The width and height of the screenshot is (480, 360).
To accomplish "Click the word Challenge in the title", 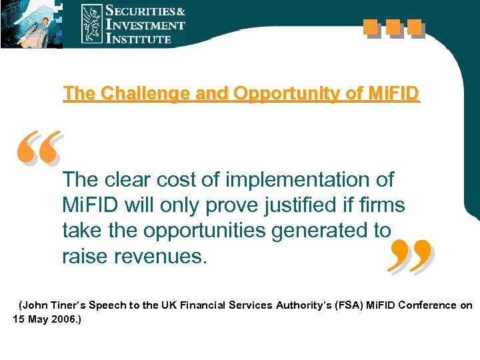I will coord(125,94).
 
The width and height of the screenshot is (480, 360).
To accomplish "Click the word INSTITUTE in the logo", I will coord(139,39).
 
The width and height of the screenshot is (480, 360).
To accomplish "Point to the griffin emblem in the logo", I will coord(92,24).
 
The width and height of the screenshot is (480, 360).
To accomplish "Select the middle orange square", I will coord(393,28).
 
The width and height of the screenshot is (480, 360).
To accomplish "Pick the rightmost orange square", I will coord(415,28).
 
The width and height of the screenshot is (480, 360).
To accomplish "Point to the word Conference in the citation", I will coord(425,305).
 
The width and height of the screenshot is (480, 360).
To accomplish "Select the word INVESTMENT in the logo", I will coord(145,25).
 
